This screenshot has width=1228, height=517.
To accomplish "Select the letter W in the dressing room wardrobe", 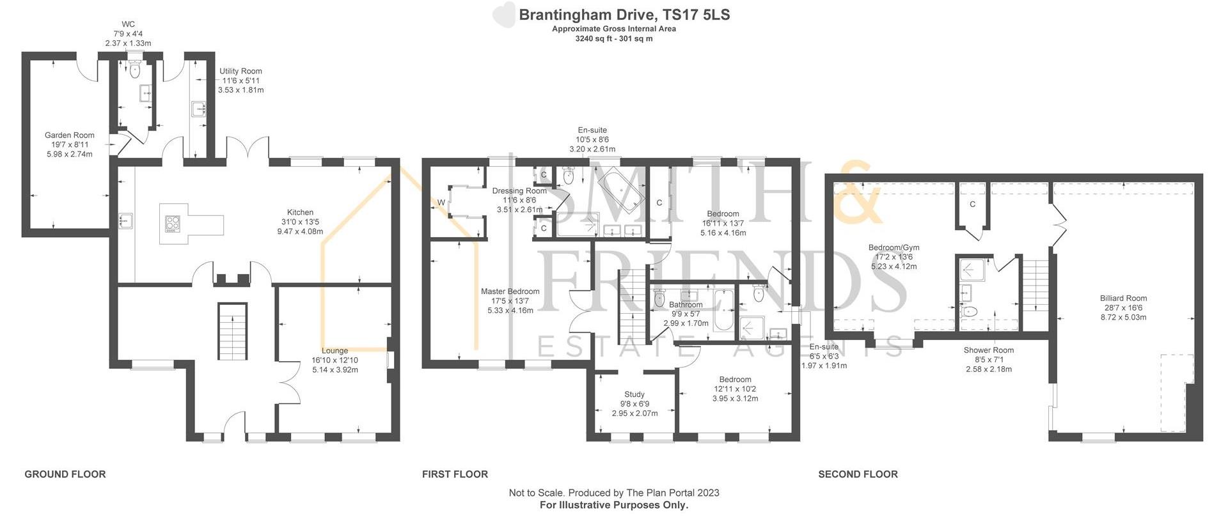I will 441,203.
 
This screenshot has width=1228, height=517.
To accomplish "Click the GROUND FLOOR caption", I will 65,474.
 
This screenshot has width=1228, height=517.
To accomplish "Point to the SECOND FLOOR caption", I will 858,474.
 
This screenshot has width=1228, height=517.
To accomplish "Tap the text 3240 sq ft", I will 594,38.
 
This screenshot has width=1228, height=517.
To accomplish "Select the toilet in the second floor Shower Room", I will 970,312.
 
